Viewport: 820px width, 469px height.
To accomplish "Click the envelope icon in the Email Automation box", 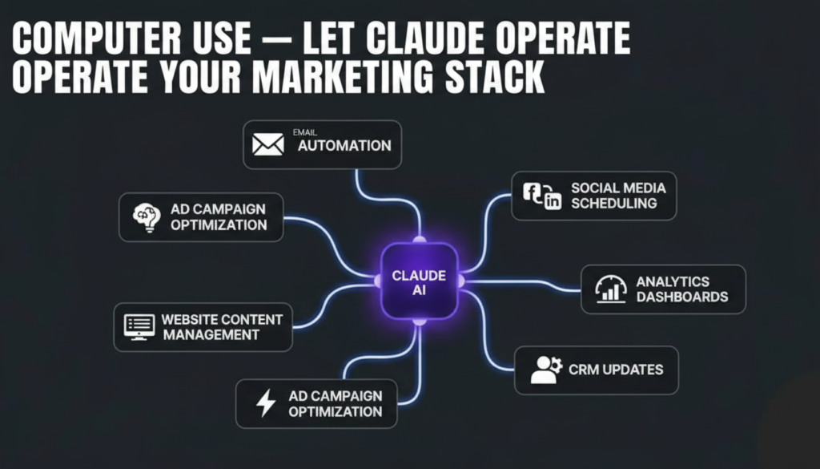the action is [267, 144].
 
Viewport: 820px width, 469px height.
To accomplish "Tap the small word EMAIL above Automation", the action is [305, 132].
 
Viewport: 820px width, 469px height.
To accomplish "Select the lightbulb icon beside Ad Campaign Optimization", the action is [147, 217].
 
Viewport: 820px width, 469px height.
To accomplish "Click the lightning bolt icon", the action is [266, 403].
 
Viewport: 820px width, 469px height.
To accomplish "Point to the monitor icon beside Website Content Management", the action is [139, 327].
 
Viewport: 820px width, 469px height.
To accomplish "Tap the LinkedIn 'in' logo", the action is [553, 200].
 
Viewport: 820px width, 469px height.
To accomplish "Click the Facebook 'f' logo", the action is [532, 192].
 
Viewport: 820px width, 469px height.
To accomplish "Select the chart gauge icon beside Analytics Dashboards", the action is [611, 289].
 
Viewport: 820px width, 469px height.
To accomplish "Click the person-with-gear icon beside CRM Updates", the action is [546, 370].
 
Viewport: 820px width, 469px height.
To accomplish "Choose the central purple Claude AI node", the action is [419, 281].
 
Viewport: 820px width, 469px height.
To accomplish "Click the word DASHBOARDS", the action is [682, 297].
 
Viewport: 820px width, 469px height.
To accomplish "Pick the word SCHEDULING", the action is [614, 203].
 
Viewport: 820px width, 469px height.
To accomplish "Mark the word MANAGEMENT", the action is [211, 335].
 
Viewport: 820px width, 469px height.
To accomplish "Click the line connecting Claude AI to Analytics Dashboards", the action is [523, 283].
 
